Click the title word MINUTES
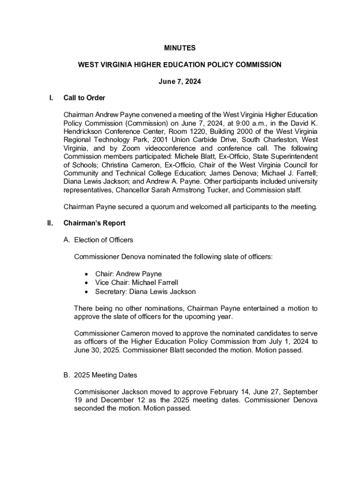click(180, 48)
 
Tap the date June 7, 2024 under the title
click(180, 81)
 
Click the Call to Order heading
click(84, 98)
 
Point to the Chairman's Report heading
click(94, 223)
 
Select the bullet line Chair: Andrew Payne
click(128, 274)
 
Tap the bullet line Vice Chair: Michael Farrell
click(137, 283)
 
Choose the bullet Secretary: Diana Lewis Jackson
click(145, 291)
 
